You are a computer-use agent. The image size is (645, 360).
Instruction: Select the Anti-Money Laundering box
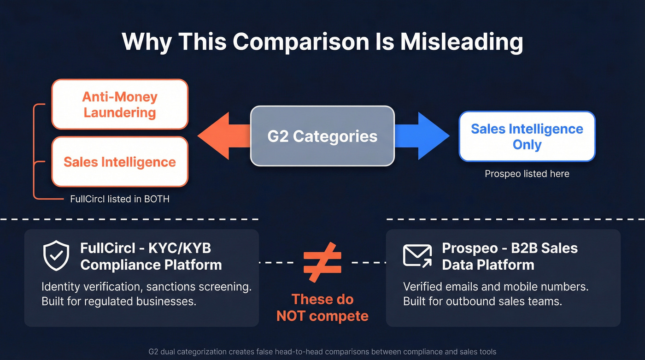tap(120, 104)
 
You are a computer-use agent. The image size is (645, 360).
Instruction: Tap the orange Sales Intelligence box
tap(120, 162)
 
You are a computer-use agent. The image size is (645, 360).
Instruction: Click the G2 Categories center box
tap(322, 136)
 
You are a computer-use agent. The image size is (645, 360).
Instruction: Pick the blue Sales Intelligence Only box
tap(527, 136)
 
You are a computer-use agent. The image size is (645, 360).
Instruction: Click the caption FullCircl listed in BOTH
tap(120, 199)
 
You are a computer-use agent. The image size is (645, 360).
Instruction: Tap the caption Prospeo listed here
tap(527, 174)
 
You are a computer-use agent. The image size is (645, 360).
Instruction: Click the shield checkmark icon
tap(56, 256)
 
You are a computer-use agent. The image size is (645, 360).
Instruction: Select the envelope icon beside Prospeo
tap(417, 255)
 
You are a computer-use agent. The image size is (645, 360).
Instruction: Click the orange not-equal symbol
tap(322, 262)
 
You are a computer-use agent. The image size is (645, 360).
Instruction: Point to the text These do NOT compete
tap(322, 307)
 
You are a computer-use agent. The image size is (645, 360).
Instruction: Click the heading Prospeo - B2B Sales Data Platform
tap(510, 256)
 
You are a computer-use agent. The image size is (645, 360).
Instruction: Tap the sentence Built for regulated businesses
tap(119, 302)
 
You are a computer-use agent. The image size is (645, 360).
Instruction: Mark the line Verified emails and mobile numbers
tap(496, 287)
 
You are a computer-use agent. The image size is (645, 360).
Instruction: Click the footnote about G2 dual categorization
tap(322, 352)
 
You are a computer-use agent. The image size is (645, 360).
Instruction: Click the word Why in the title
tap(147, 41)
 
